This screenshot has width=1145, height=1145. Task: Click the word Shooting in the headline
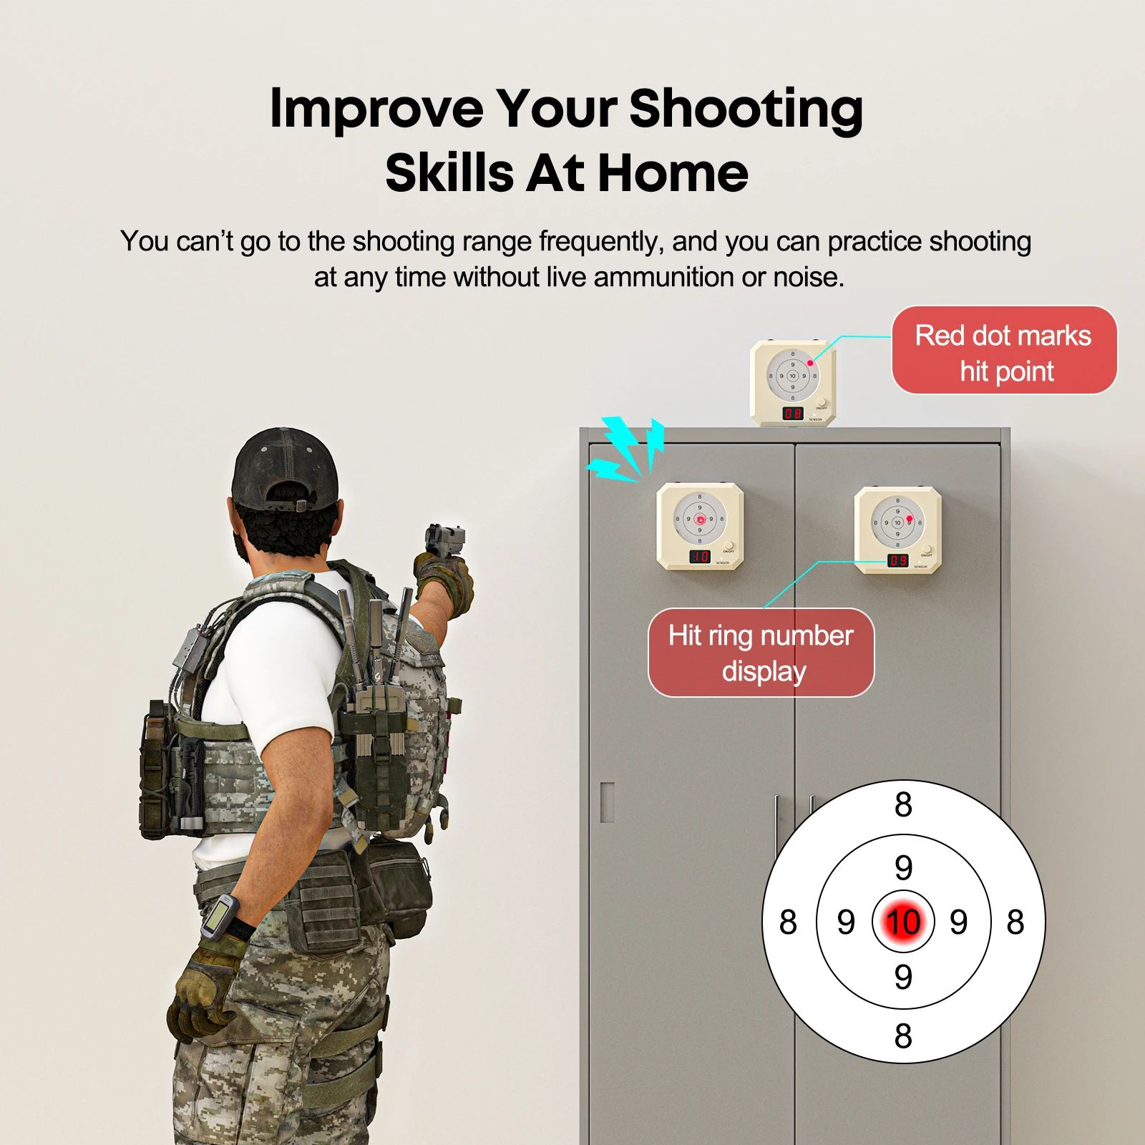(x=746, y=109)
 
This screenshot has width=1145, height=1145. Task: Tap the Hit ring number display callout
(x=761, y=653)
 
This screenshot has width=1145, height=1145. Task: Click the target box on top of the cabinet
(x=793, y=384)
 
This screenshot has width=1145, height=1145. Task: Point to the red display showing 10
(x=699, y=556)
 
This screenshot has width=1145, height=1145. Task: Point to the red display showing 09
(x=897, y=560)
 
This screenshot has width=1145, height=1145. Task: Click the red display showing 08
(x=792, y=414)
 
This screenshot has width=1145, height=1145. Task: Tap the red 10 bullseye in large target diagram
(x=903, y=922)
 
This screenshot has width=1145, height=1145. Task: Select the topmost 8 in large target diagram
(x=903, y=805)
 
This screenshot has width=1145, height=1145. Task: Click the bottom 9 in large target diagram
(x=903, y=977)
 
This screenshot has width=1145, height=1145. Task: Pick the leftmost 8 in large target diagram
(x=788, y=922)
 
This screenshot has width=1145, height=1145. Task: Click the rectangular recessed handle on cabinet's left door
(x=608, y=802)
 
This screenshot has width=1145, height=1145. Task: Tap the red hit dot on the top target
(x=810, y=363)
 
